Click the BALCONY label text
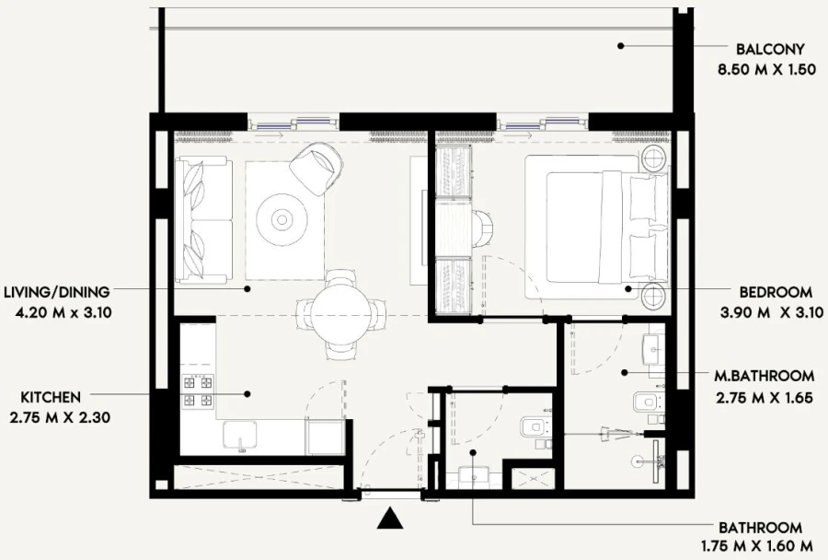[x=770, y=50]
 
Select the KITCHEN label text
[x=50, y=397]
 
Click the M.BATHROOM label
[x=764, y=376]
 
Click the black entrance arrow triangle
[x=391, y=520]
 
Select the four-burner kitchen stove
[x=199, y=391]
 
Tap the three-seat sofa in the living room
[x=201, y=219]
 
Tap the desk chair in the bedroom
[x=484, y=223]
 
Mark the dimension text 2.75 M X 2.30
[x=58, y=417]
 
